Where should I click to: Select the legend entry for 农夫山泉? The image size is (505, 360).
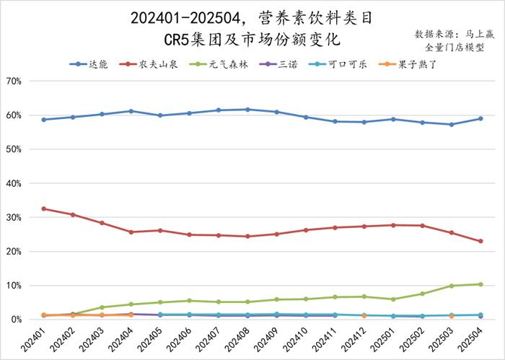(x=150, y=64)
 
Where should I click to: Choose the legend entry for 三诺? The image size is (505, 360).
(x=278, y=64)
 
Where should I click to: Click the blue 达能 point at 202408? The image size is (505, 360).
(x=247, y=110)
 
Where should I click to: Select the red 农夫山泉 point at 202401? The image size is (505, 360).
(x=44, y=208)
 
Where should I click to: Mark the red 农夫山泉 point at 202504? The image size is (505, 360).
(x=480, y=241)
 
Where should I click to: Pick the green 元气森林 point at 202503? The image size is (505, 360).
(x=452, y=286)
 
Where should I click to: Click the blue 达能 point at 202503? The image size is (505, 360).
(x=452, y=124)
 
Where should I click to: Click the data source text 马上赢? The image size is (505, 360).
(x=479, y=34)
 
